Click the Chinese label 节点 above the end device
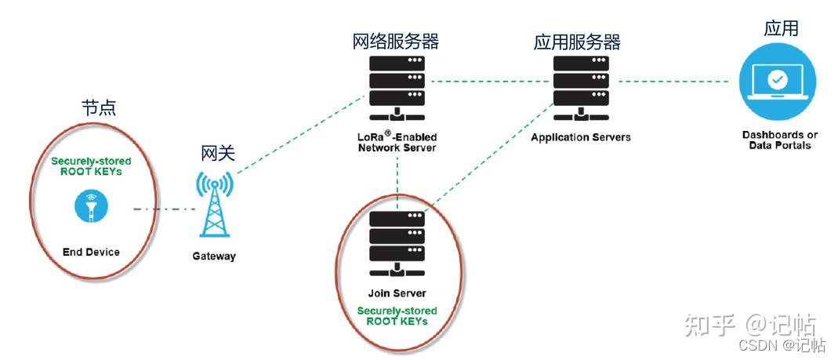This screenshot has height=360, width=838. [x=98, y=108]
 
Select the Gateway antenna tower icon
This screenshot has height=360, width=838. [x=214, y=204]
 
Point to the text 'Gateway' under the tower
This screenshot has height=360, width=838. [x=214, y=256]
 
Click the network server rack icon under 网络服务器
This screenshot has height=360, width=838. [x=397, y=89]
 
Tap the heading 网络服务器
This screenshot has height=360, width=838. [x=396, y=41]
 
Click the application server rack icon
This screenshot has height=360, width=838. [x=581, y=89]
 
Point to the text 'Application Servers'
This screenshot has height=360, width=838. [x=581, y=137]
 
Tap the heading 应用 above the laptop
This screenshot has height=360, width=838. [x=781, y=27]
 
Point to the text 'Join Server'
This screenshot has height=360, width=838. [x=397, y=293]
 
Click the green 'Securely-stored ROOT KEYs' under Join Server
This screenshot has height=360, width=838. [x=397, y=316]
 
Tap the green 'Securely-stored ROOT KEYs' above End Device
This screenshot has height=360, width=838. [x=91, y=166]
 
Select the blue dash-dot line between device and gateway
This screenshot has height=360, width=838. [x=164, y=209]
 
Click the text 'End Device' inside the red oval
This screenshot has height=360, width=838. [x=91, y=252]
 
